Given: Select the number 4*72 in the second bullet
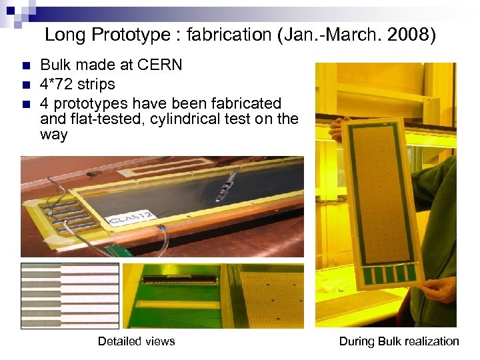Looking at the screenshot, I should (x=57, y=85).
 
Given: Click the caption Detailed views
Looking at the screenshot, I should (x=136, y=341).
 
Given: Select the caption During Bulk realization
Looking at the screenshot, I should (x=399, y=341).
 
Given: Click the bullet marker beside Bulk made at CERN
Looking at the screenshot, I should (x=26, y=66).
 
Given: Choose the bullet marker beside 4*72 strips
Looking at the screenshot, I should (x=26, y=85).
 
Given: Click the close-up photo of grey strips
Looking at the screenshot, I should (x=69, y=295).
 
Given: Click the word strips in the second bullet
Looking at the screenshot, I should (x=97, y=85).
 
